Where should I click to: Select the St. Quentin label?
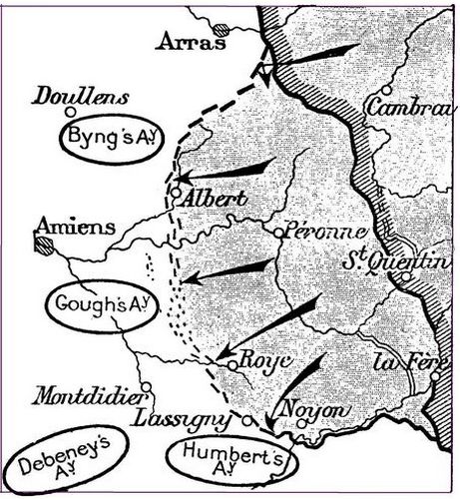394,261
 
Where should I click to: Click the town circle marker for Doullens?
71,113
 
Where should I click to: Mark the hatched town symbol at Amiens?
43,247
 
